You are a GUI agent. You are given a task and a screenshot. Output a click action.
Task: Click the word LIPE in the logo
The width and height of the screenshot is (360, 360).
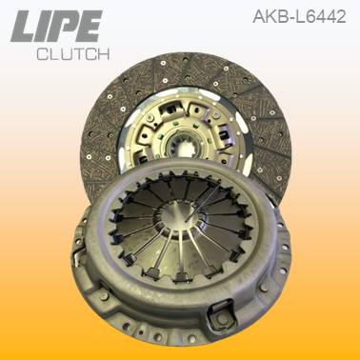tap(56, 27)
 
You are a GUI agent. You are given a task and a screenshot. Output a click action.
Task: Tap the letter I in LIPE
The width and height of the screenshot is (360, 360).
tap(44, 27)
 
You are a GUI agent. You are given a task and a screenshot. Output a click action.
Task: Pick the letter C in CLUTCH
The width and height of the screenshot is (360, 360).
tap(41, 54)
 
